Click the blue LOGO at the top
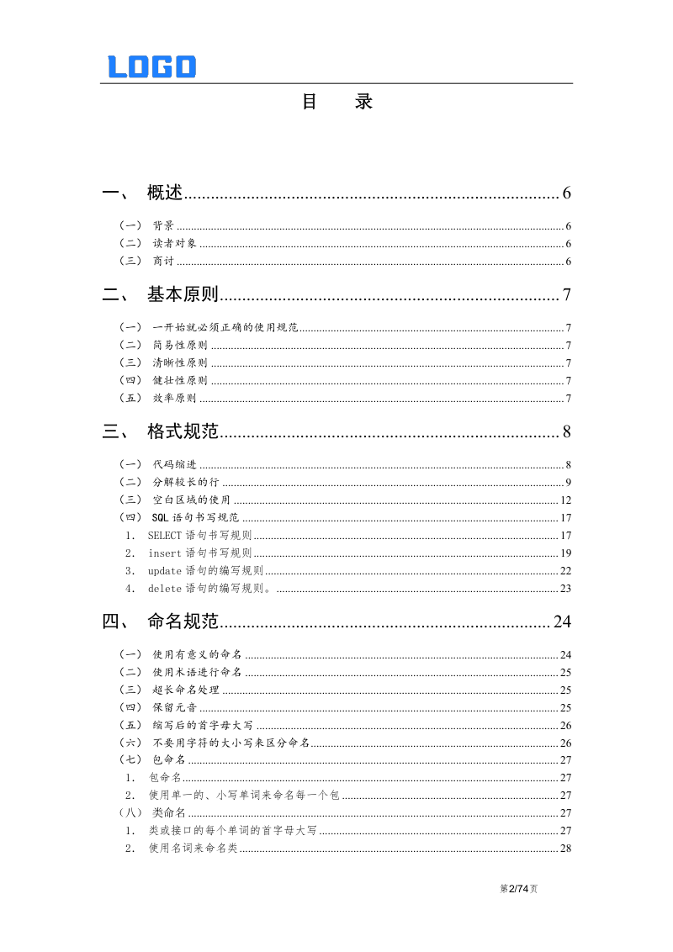pyautogui.click(x=151, y=67)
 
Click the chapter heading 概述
pyautogui.click(x=165, y=193)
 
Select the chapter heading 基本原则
pyautogui.click(x=183, y=294)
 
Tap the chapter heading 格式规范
pyautogui.click(x=183, y=432)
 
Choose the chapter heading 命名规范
pyautogui.click(x=183, y=621)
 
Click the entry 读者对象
pyautogui.click(x=174, y=244)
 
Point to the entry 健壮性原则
pyautogui.click(x=180, y=380)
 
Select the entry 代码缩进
pyautogui.click(x=174, y=465)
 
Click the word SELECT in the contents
pyautogui.click(x=165, y=536)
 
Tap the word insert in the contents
pyautogui.click(x=165, y=553)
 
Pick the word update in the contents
pyautogui.click(x=165, y=571)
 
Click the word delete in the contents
pyautogui.click(x=165, y=589)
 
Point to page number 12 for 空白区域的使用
pyautogui.click(x=566, y=500)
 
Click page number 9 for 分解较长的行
pyautogui.click(x=569, y=483)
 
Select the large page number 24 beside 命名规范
pyautogui.click(x=562, y=621)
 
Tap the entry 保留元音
pyautogui.click(x=174, y=708)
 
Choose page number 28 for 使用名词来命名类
pyautogui.click(x=566, y=849)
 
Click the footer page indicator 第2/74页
pyautogui.click(x=519, y=888)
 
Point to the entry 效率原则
pyautogui.click(x=174, y=399)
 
